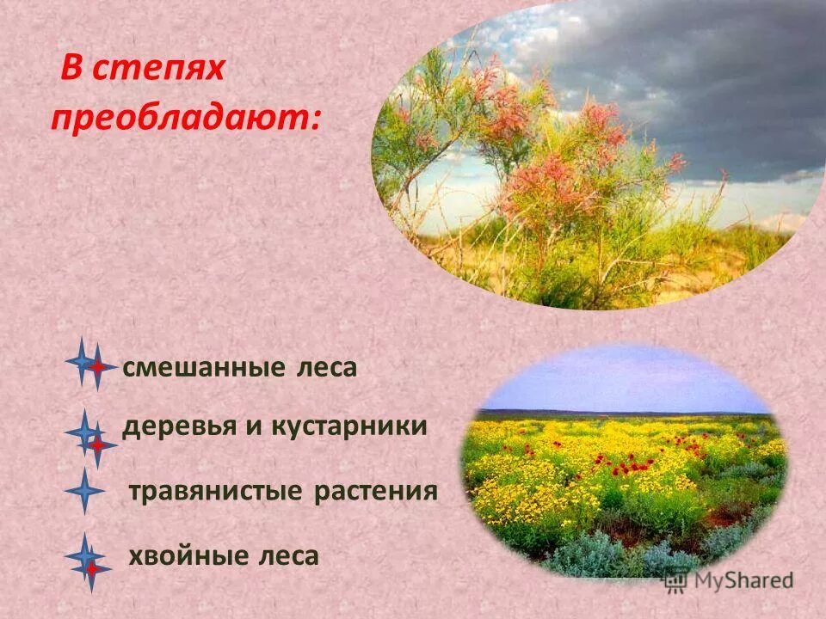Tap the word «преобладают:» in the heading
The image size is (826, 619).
tap(186, 119)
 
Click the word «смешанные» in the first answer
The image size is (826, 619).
tap(190, 368)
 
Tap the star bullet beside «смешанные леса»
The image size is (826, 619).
tap(89, 365)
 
